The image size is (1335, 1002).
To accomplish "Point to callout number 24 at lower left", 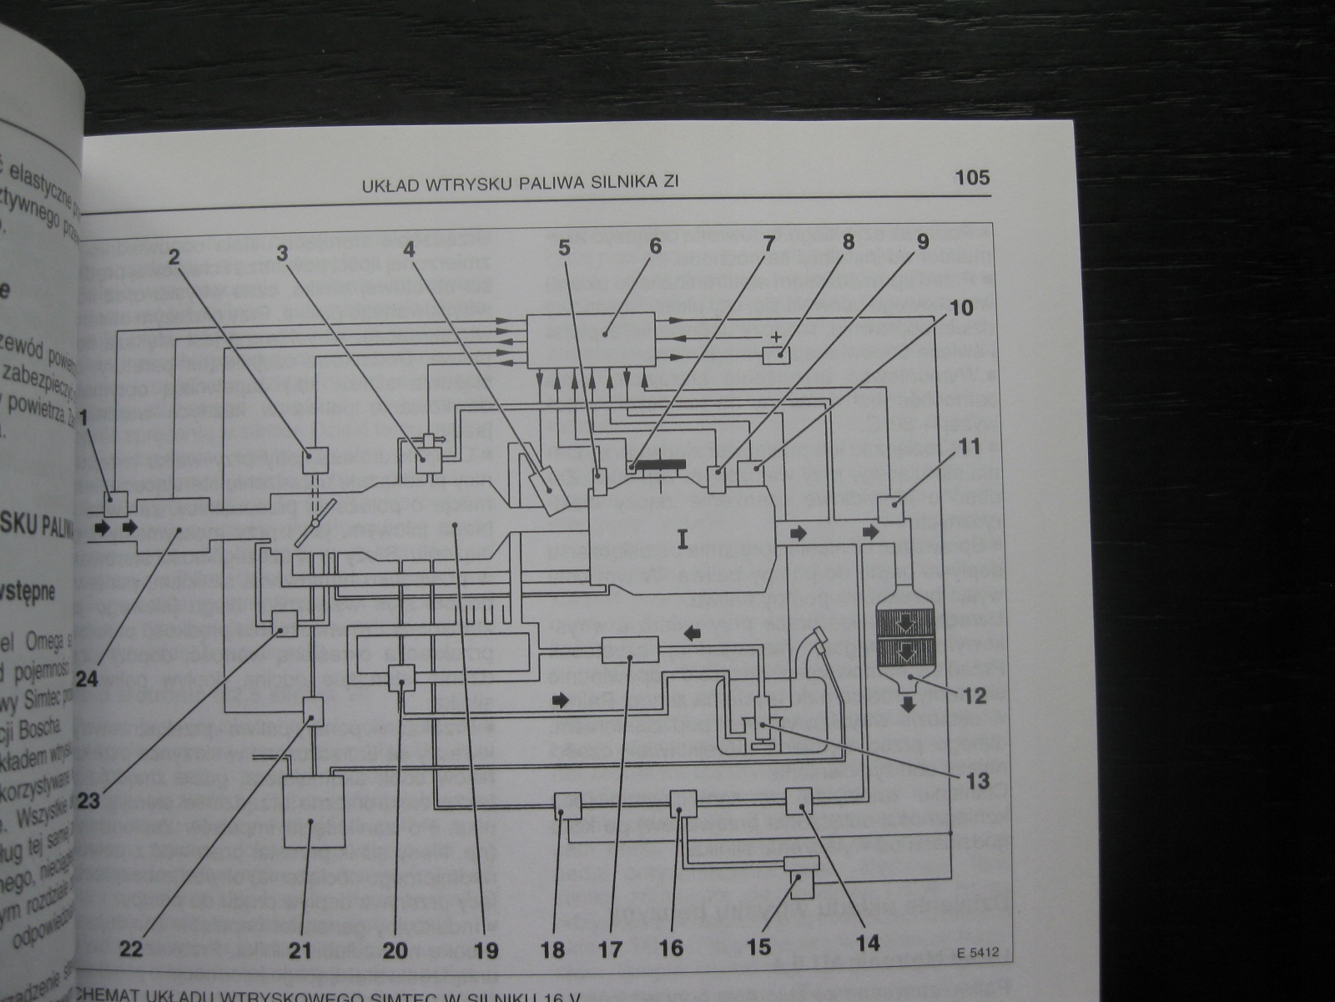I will [x=87, y=678].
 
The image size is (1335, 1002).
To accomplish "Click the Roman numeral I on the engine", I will [x=683, y=541].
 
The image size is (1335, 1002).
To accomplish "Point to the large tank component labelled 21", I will [x=314, y=811].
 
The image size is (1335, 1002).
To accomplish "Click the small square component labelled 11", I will [x=890, y=508].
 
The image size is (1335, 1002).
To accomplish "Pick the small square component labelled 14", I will [x=799, y=802].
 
